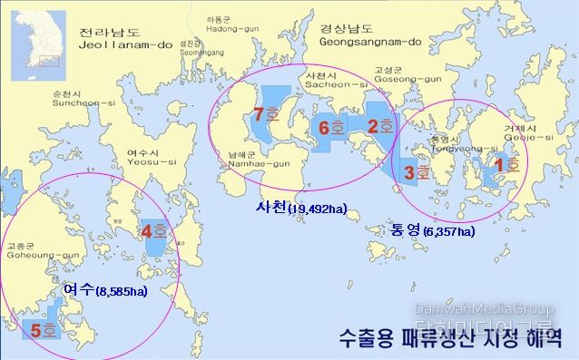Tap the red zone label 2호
click(x=378, y=127)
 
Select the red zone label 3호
click(x=416, y=171)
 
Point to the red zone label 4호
click(x=153, y=231)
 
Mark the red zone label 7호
click(x=266, y=115)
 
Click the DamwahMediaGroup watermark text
click(x=484, y=309)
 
